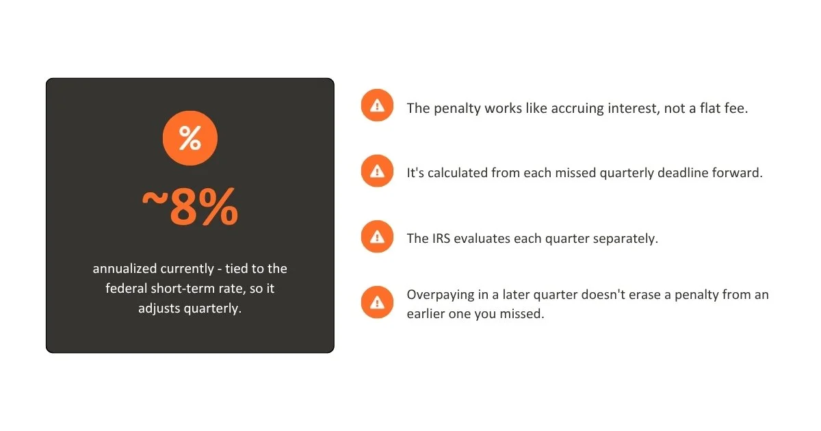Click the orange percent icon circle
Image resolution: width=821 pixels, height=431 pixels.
(x=190, y=138)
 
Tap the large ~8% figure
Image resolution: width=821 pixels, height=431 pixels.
(x=190, y=207)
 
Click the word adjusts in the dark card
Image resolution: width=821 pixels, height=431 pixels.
(x=159, y=309)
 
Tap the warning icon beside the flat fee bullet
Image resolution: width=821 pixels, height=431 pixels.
(x=377, y=105)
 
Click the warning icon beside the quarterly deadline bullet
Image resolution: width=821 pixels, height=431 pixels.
(x=377, y=171)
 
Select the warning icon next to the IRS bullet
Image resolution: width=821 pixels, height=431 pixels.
(x=377, y=237)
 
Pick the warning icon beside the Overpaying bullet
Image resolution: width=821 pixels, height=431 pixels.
(x=377, y=302)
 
